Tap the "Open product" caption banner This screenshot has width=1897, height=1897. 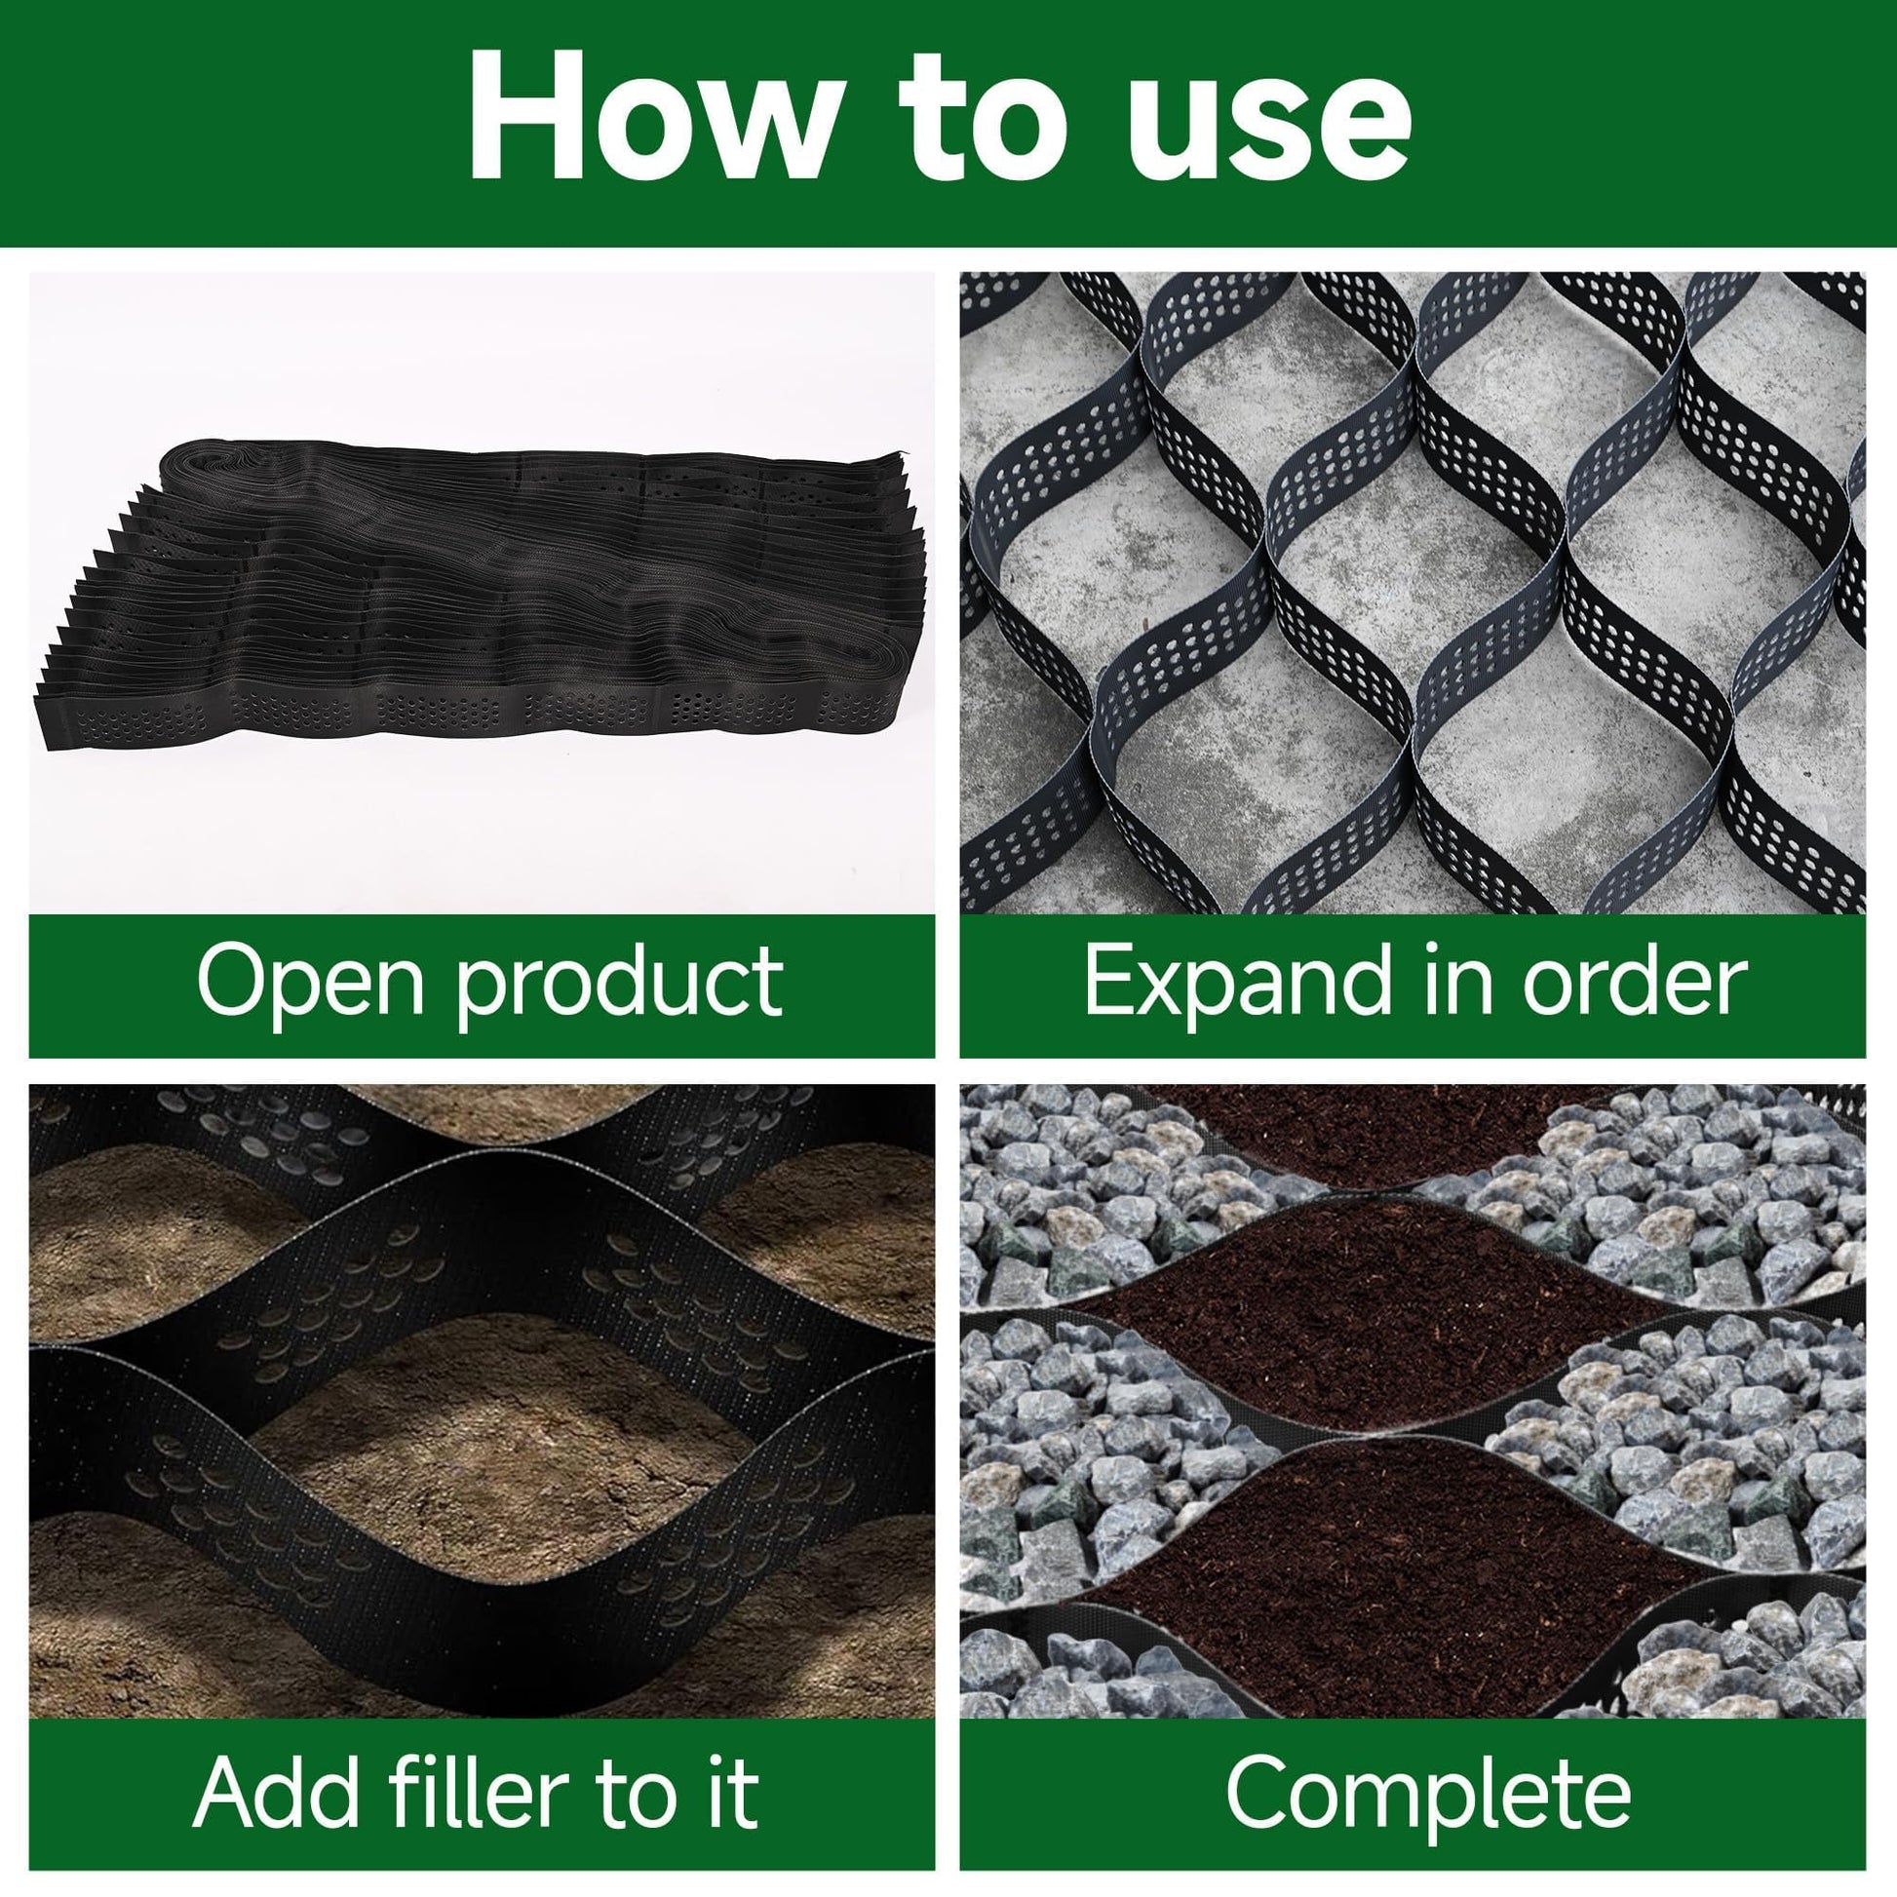point(483,986)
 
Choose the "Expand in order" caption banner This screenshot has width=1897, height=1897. point(1413,986)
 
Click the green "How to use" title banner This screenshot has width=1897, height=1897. point(948,124)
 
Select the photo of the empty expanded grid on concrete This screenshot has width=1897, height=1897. point(1413,593)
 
